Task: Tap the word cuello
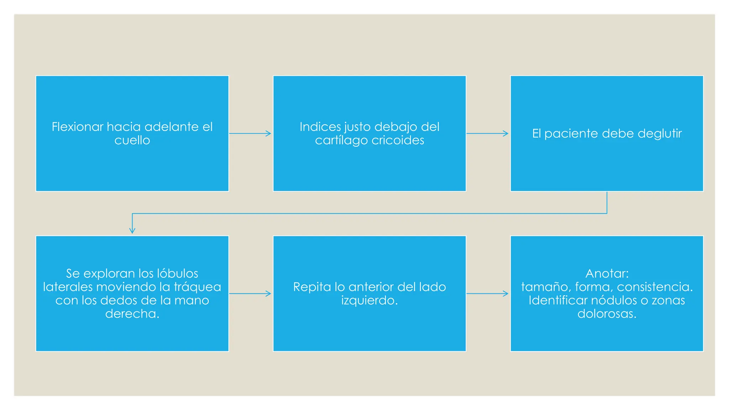(x=132, y=140)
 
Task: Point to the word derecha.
(x=132, y=314)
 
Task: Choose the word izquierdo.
(x=369, y=300)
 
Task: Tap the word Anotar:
(x=607, y=273)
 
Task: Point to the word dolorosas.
(x=607, y=314)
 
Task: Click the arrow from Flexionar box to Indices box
(x=250, y=133)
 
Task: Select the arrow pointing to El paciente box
(x=487, y=133)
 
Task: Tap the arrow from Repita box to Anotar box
(x=487, y=294)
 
